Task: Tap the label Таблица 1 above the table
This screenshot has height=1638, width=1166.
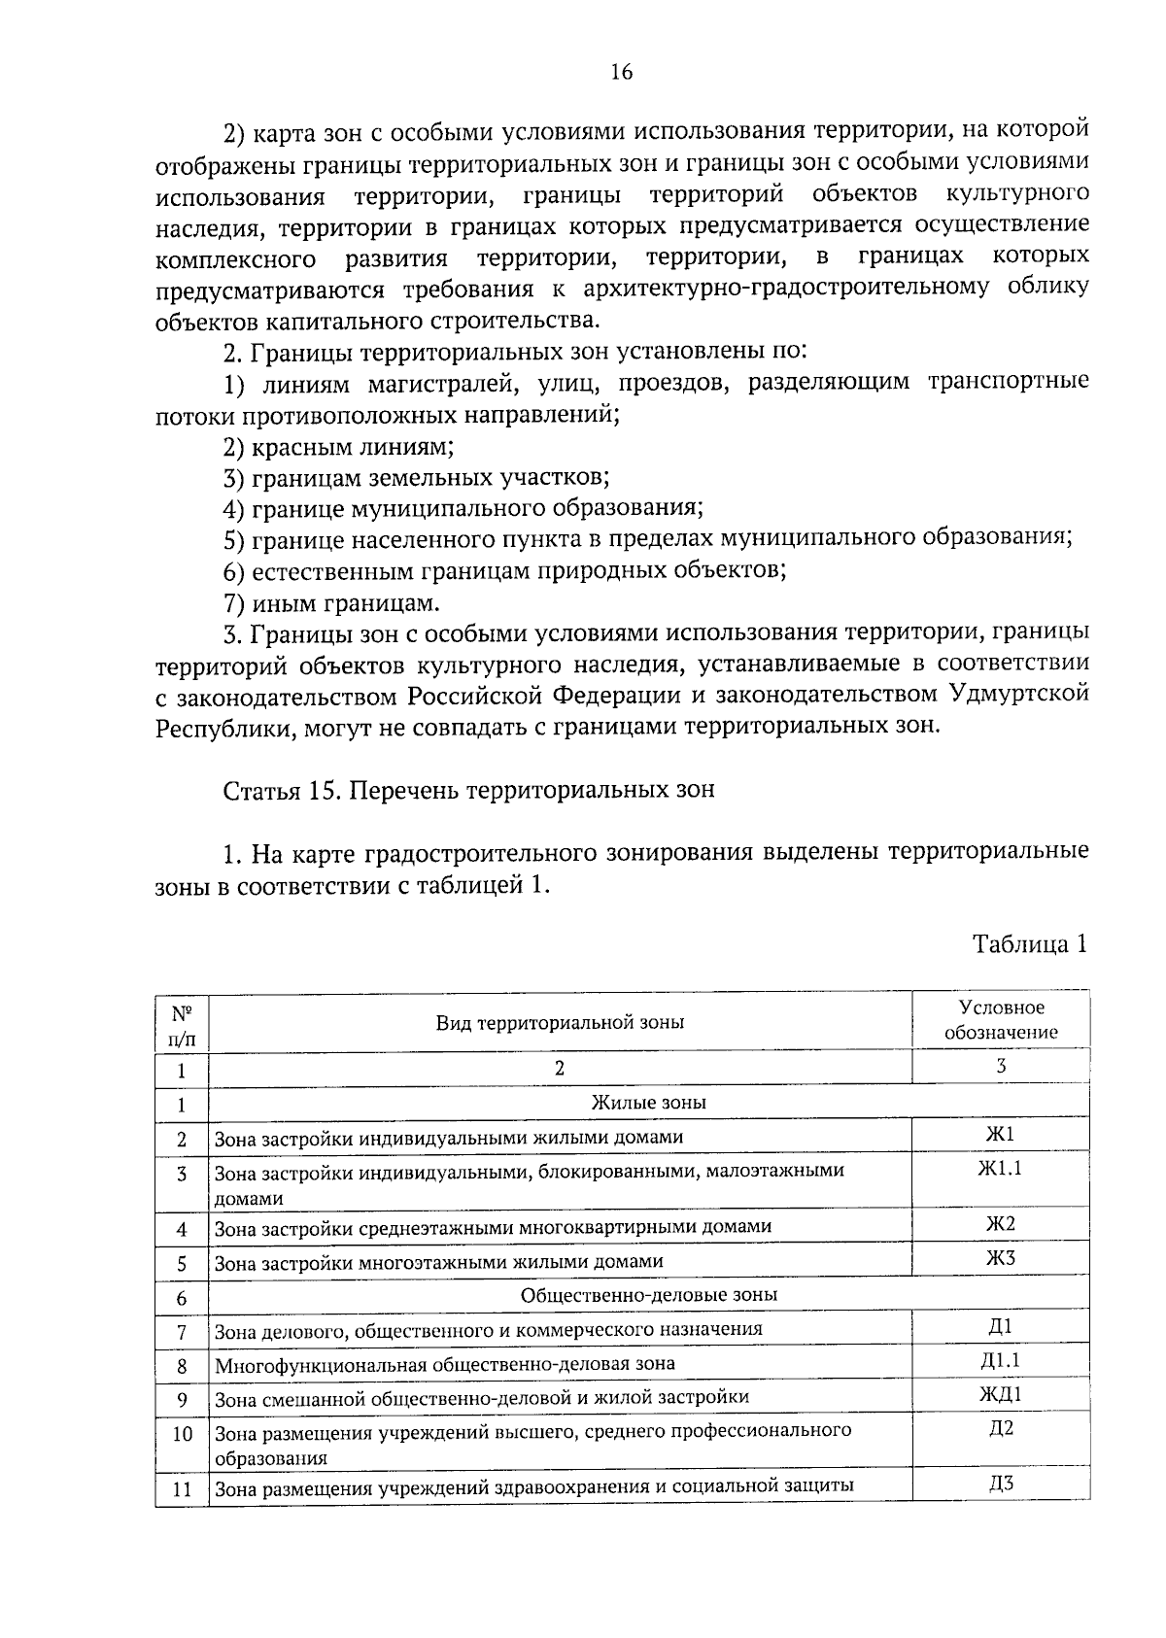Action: click(x=1029, y=944)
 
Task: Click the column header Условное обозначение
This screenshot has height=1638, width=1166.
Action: click(x=1001, y=1020)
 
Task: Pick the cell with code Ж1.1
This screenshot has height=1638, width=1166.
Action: click(x=1000, y=1169)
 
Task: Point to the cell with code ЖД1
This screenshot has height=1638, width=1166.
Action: click(x=1000, y=1394)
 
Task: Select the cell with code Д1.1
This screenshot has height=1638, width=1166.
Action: click(x=1000, y=1360)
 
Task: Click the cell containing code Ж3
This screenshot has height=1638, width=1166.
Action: click(x=1000, y=1258)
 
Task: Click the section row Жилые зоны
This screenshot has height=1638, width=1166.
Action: click(x=648, y=1102)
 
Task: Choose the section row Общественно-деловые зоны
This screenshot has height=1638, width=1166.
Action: click(x=648, y=1294)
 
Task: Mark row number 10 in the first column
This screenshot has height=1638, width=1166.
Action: click(x=182, y=1434)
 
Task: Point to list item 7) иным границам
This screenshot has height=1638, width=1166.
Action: click(x=331, y=602)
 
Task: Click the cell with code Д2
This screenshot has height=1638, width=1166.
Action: click(x=1000, y=1428)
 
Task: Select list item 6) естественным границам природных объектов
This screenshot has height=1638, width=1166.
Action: click(x=503, y=571)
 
